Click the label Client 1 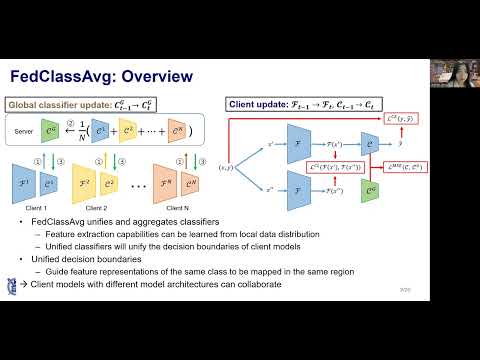coord(37,205)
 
